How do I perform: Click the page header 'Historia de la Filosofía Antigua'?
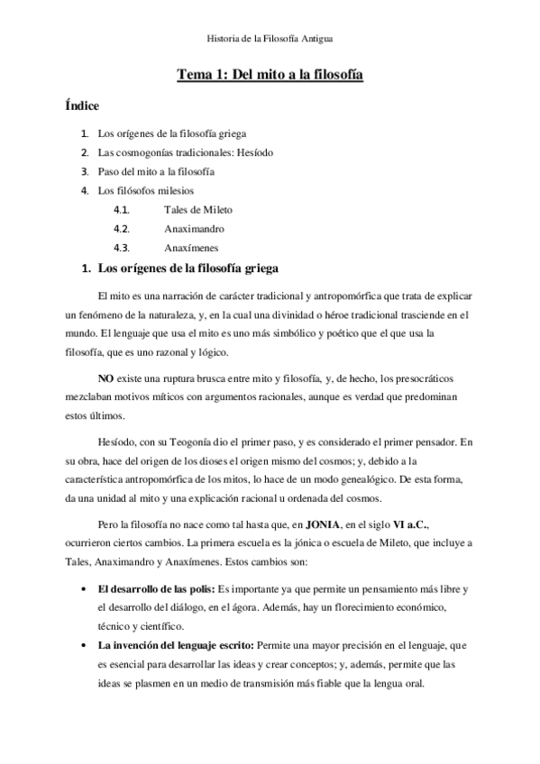270,39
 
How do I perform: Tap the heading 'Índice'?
82,106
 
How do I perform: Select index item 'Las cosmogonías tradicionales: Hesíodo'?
186,152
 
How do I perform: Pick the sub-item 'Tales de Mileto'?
198,209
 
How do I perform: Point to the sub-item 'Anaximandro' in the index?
194,228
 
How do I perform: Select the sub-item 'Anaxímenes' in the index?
191,247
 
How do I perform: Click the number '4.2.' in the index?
123,228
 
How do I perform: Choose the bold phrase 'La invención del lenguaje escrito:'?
177,645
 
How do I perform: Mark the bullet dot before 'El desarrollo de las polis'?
83,588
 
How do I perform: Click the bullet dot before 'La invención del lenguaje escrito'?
83,645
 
